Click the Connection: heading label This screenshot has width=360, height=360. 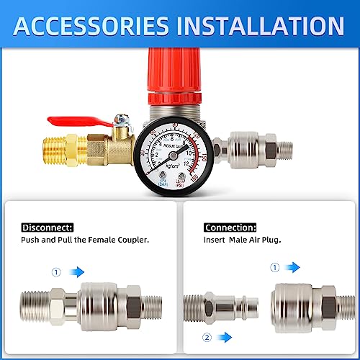(x=230, y=226)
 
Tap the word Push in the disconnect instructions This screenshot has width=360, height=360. (x=31, y=240)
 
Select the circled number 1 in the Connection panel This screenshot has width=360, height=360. (x=274, y=267)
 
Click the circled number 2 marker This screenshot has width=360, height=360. (x=207, y=336)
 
